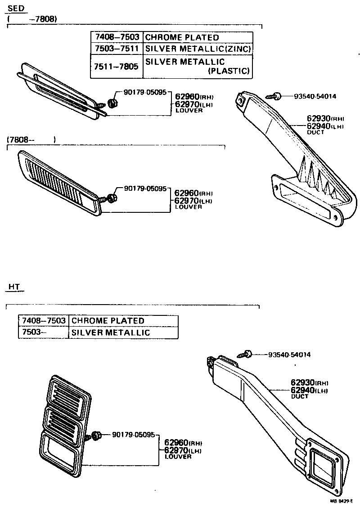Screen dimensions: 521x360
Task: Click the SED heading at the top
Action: (17, 9)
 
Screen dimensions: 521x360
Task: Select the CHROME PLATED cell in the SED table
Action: (182, 37)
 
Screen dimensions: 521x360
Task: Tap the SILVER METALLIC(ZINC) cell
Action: (198, 49)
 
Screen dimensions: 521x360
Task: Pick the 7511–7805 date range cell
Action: (116, 66)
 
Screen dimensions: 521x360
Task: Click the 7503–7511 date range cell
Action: (116, 49)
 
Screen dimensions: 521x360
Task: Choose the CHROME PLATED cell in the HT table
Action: (108, 321)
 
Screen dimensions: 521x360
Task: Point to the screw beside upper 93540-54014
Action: (273, 96)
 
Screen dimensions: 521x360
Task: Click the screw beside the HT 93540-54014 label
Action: (247, 355)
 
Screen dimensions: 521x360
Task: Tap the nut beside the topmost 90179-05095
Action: (113, 103)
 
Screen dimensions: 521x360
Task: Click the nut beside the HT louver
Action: (95, 436)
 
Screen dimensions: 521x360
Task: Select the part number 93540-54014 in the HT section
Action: (289, 355)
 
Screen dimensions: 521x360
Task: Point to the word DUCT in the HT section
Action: (299, 396)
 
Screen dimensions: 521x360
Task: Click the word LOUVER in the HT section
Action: (178, 457)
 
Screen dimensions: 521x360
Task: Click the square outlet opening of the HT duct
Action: (323, 463)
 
